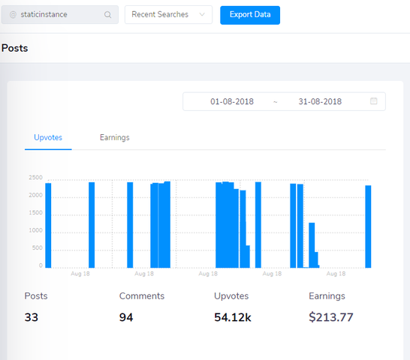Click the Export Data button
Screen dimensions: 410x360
[x=250, y=15]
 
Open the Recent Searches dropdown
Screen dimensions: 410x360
[x=168, y=15]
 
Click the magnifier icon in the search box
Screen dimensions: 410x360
[x=107, y=15]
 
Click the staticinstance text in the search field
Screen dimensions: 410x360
[x=44, y=14]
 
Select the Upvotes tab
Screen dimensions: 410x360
[x=48, y=137]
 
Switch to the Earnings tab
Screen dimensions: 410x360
[x=115, y=137]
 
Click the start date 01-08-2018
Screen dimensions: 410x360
[x=232, y=101]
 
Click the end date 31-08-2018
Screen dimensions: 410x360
[x=320, y=101]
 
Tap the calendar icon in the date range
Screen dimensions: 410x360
[x=374, y=100]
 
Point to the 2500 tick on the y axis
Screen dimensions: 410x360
[x=35, y=178]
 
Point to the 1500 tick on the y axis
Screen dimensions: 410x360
[x=35, y=213]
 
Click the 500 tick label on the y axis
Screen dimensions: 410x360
[x=37, y=247]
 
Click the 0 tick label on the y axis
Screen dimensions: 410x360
[x=41, y=265]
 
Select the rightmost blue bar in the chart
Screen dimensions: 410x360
[x=368, y=226]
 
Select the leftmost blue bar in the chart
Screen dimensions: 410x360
[x=48, y=226]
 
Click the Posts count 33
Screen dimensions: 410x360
[x=32, y=317]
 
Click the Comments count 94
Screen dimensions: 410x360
[x=126, y=317]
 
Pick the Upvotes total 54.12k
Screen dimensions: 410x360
[x=233, y=317]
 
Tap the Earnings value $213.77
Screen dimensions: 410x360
[x=331, y=317]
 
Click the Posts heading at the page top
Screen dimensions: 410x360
[x=15, y=48]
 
